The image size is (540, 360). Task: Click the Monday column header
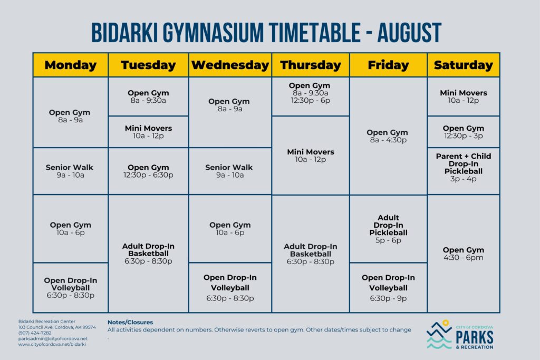point(71,65)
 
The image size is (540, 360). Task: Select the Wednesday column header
point(230,65)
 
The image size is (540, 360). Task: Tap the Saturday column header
point(463,65)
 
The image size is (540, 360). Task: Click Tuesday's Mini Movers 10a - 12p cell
point(148,132)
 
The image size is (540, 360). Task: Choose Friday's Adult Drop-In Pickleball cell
point(388,229)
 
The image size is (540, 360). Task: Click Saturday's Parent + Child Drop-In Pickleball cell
point(463,168)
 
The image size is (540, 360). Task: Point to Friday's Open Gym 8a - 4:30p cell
point(388,136)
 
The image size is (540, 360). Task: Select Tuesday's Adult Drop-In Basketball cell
point(148,254)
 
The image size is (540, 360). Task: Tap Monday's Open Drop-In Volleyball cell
point(70,288)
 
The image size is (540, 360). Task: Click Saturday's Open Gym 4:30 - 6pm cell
point(463,254)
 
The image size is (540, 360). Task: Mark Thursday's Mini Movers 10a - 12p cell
point(311,155)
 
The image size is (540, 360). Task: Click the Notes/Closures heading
point(130,322)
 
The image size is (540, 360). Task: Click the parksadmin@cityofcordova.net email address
point(53,338)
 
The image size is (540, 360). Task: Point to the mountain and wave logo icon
point(440,335)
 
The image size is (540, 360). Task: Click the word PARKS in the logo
point(474,336)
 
